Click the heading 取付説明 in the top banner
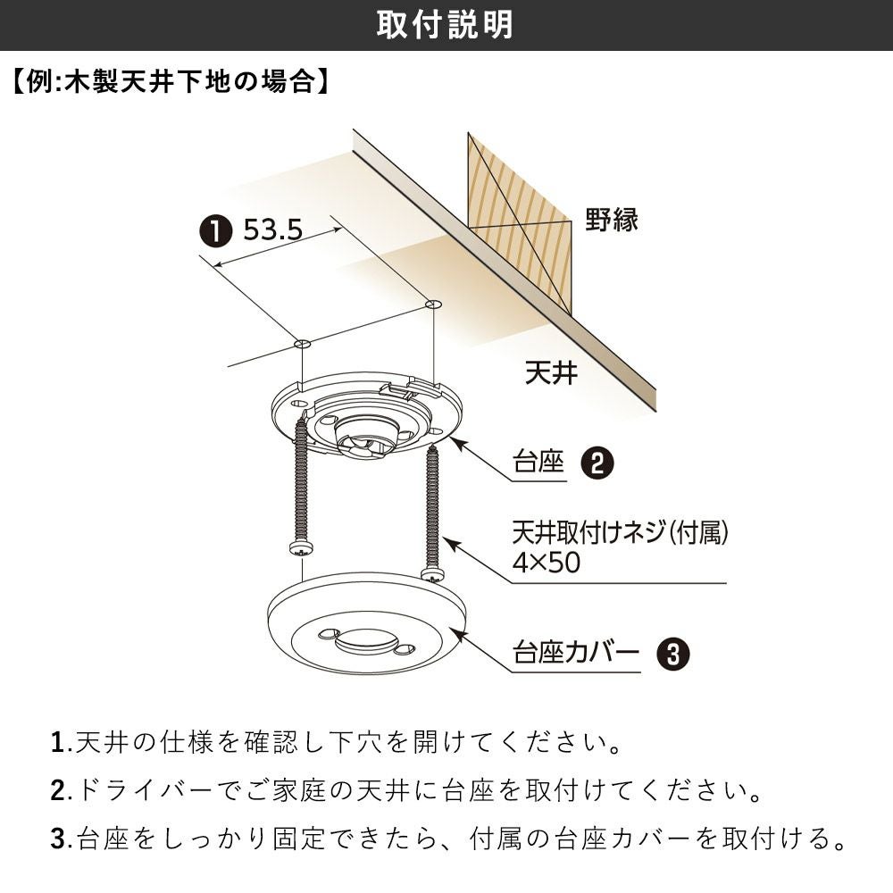pyautogui.click(x=445, y=25)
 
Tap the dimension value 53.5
pyautogui.click(x=272, y=230)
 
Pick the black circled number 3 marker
pyautogui.click(x=673, y=654)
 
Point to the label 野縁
pyautogui.click(x=612, y=220)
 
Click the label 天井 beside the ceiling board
pyautogui.click(x=551, y=373)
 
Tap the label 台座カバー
pyautogui.click(x=576, y=653)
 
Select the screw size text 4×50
pyautogui.click(x=547, y=562)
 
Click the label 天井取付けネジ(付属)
pyautogui.click(x=621, y=532)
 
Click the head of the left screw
pyautogui.click(x=301, y=549)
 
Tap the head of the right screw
pyautogui.click(x=432, y=573)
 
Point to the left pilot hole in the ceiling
pyautogui.click(x=302, y=344)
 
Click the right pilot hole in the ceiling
pyautogui.click(x=433, y=305)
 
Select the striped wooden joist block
pyautogui.click(x=519, y=223)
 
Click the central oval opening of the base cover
pyautogui.click(x=367, y=642)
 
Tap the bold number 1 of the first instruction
pyautogui.click(x=57, y=743)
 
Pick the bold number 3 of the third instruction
pyautogui.click(x=57, y=839)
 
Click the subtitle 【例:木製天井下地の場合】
pyautogui.click(x=171, y=82)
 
